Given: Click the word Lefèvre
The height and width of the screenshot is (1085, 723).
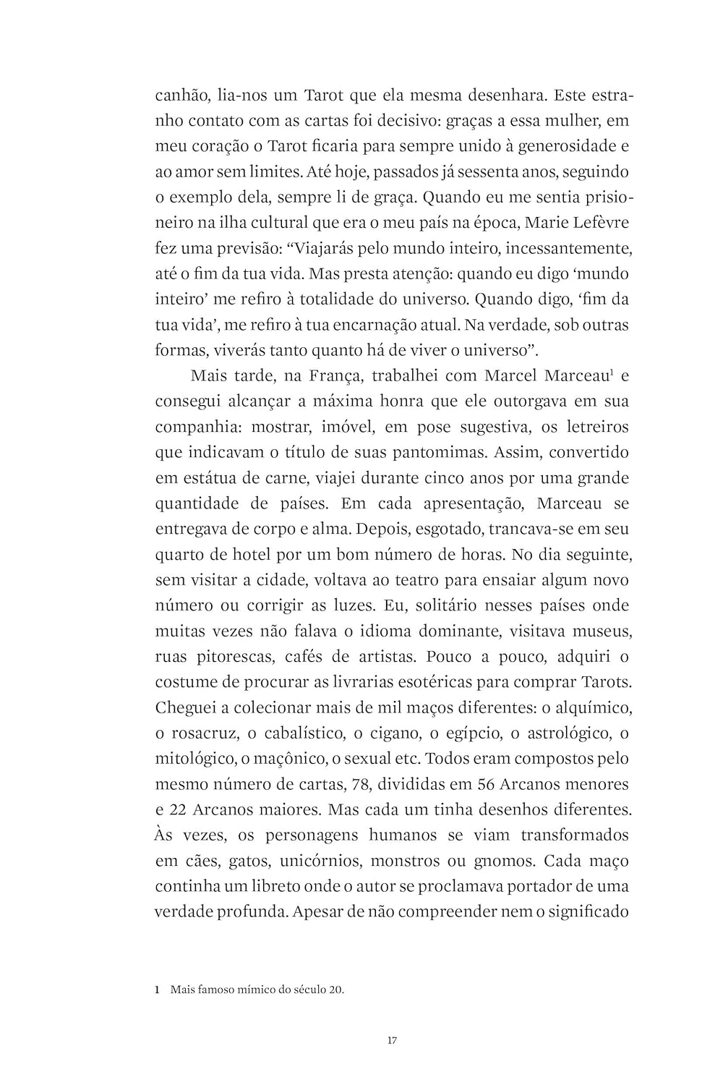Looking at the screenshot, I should pos(599,223).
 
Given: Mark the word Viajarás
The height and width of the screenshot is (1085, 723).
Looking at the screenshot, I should pos(330,249).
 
